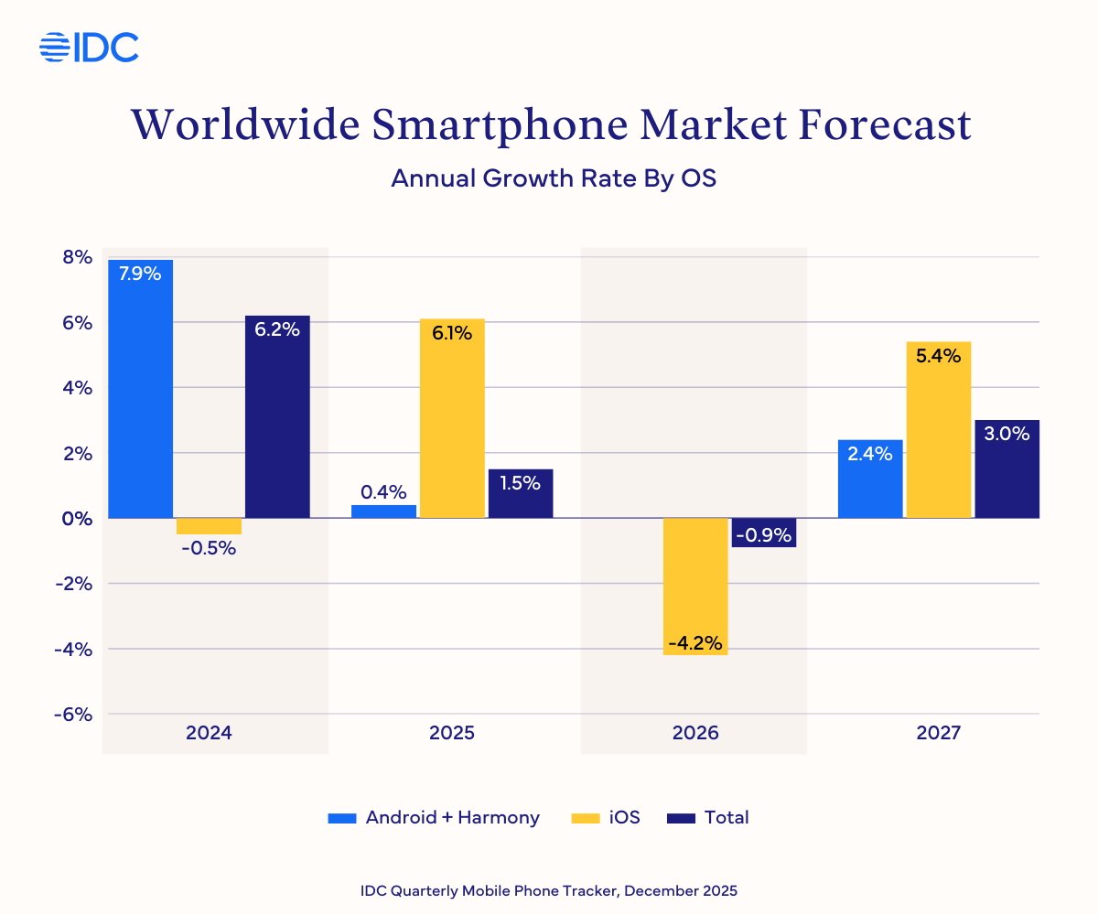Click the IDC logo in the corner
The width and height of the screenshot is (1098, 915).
pyautogui.click(x=89, y=47)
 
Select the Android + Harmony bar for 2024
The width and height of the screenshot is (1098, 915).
pyautogui.click(x=140, y=389)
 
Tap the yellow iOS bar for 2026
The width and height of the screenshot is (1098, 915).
pyautogui.click(x=695, y=586)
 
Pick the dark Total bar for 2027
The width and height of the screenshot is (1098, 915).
pyautogui.click(x=1007, y=468)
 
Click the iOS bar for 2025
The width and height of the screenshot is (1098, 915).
pyautogui.click(x=452, y=418)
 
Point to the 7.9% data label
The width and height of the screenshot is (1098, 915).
pyautogui.click(x=140, y=274)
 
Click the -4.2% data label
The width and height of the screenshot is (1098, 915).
pyautogui.click(x=695, y=643)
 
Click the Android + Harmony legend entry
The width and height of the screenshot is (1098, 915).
pyautogui.click(x=434, y=817)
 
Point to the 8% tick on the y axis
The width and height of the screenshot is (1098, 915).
pyautogui.click(x=77, y=257)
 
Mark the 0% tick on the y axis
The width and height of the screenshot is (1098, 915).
pyautogui.click(x=77, y=518)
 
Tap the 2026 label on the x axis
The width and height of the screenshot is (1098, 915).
pyautogui.click(x=694, y=733)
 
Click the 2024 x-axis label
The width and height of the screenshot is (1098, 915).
pyautogui.click(x=209, y=733)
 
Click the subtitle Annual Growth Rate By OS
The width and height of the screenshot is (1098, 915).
pyautogui.click(x=553, y=178)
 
